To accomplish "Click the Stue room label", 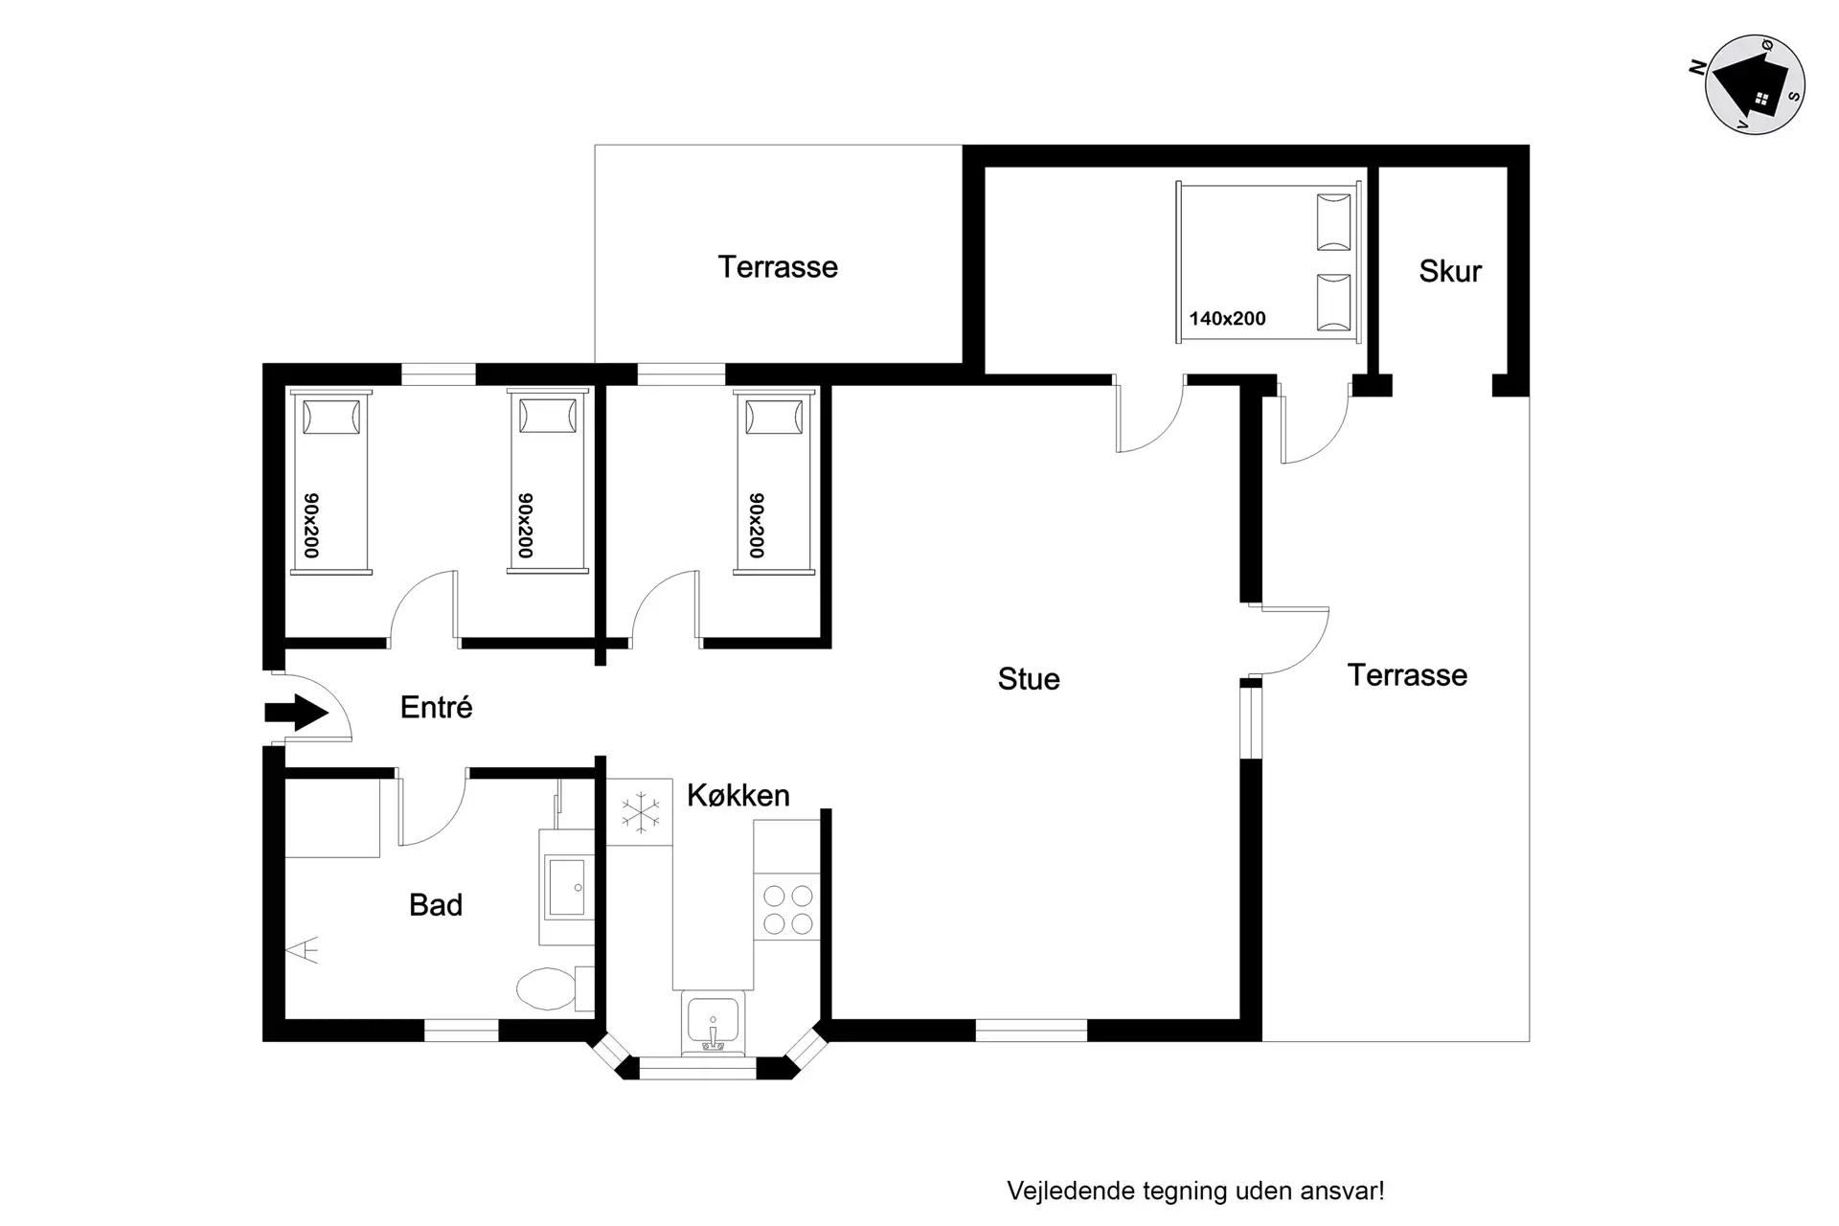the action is [x=1029, y=679].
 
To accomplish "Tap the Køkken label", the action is [x=738, y=795].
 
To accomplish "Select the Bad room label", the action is [x=436, y=905].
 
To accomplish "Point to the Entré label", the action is [x=436, y=707].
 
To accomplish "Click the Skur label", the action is [x=1450, y=271].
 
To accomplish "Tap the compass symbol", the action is [x=1755, y=84].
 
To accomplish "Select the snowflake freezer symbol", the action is [x=640, y=813].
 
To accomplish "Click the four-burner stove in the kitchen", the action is [x=787, y=909].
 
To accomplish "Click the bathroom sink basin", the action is [x=566, y=887].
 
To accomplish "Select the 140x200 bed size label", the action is [x=1227, y=318].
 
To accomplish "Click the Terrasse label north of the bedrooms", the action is [x=778, y=266].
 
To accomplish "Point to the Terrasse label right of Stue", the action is [x=1407, y=675].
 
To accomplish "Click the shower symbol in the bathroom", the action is [x=303, y=949].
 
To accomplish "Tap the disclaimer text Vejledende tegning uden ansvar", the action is [x=1195, y=1191].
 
